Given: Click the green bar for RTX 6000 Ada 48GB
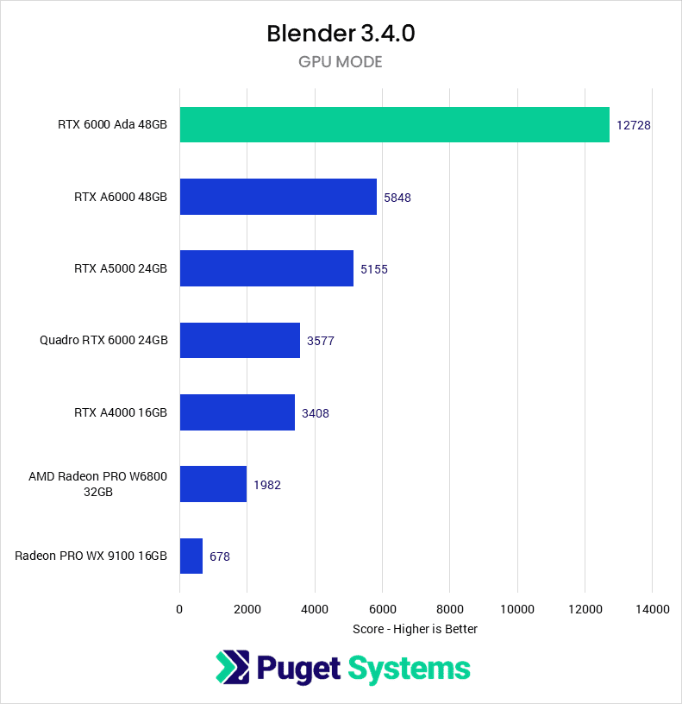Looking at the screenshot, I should point(394,124).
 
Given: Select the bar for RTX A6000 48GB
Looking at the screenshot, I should point(278,197).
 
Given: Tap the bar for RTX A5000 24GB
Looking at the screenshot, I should point(266,268).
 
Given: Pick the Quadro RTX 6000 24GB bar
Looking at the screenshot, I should point(240,340).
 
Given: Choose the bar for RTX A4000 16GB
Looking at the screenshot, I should point(237,412).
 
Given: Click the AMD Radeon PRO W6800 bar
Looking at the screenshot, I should point(213,484).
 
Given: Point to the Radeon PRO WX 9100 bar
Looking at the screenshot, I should point(191,556).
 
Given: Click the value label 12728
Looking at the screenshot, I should point(633,125).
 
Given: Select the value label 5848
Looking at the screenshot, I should point(397,197).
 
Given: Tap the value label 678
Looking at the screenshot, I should point(219,556).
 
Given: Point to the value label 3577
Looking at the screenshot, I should point(320,341).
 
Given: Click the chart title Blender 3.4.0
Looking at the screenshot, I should point(341,35).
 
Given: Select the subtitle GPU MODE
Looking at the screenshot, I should point(341,62).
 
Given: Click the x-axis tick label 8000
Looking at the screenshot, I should point(449,609).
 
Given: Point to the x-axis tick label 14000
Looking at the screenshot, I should point(652,609).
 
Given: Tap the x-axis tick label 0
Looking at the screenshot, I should point(179,609).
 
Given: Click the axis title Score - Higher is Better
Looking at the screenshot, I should point(415,629).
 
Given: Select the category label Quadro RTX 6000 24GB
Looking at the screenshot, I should point(103,340).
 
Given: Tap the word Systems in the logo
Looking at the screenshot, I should point(409,668).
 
